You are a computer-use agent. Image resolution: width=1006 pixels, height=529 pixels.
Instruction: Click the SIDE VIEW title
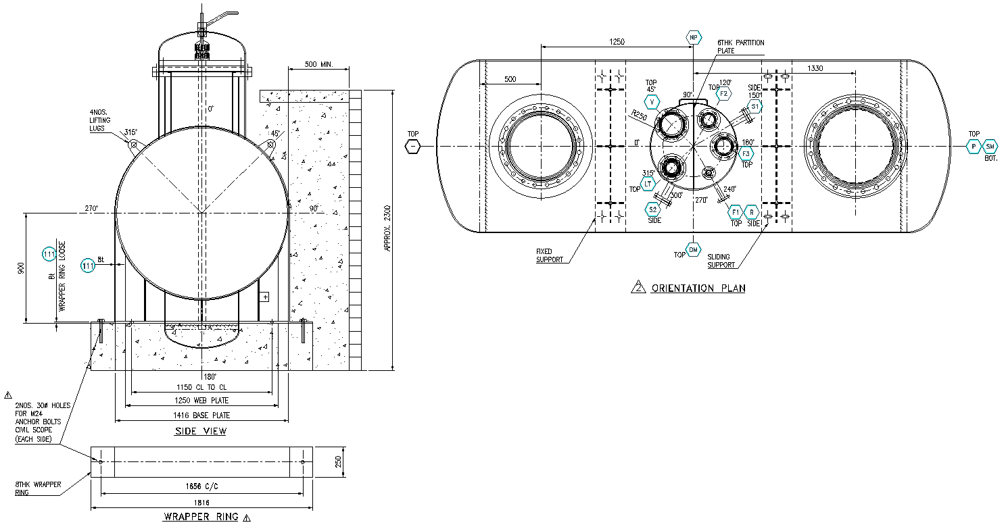(x=201, y=431)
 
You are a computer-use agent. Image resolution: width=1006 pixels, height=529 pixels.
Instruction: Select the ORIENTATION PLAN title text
(x=698, y=288)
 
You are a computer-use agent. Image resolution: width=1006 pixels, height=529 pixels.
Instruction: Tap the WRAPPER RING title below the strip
(x=202, y=517)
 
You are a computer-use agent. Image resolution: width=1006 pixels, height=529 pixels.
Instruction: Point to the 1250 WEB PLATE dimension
(x=201, y=401)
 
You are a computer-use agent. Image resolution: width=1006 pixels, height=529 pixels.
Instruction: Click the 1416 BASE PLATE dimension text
(x=201, y=415)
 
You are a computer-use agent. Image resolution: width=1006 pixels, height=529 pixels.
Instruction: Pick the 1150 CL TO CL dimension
(x=201, y=387)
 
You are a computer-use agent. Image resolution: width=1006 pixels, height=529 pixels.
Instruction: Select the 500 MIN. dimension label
(x=319, y=64)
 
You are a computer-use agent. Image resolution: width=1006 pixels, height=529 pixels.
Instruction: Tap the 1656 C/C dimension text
(x=201, y=486)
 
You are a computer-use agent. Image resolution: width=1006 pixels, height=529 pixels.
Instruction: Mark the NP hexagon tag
(x=693, y=37)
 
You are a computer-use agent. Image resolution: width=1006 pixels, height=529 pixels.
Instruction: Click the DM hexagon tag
(x=694, y=250)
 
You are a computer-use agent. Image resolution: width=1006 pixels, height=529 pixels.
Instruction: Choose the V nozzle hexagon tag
(x=652, y=102)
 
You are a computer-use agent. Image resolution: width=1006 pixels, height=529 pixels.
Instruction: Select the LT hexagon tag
(x=648, y=184)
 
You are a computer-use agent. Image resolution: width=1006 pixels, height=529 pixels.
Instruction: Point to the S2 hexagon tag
(x=653, y=209)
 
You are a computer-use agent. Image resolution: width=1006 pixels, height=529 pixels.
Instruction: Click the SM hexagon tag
(x=990, y=147)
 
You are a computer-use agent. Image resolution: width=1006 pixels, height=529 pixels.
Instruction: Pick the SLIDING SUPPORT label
(x=721, y=261)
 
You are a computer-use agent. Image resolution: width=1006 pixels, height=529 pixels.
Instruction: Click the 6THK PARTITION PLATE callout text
(x=740, y=47)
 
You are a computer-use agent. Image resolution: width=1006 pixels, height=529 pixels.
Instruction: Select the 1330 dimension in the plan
(x=815, y=68)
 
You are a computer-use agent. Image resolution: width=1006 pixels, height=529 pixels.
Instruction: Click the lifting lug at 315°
(x=133, y=145)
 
